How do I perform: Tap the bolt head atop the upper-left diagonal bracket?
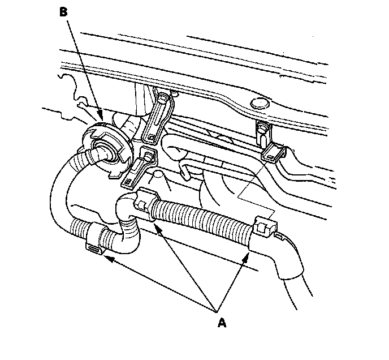coord(164,101)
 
